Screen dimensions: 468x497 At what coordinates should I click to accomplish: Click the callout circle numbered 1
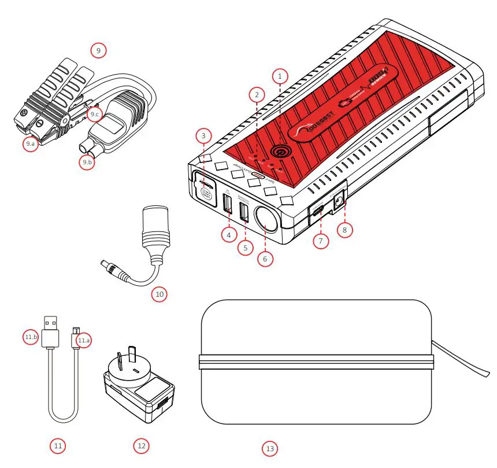tap(280, 76)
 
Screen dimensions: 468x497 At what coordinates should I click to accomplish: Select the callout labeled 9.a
tap(31, 144)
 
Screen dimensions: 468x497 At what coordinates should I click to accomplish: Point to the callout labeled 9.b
tap(87, 163)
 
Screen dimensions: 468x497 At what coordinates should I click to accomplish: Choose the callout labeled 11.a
tap(84, 340)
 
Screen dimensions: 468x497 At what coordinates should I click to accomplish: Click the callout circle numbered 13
tap(269, 448)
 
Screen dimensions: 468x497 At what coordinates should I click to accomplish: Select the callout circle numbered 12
tap(142, 445)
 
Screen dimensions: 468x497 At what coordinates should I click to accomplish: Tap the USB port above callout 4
tap(227, 205)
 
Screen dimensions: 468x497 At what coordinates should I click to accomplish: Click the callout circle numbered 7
tap(321, 240)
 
